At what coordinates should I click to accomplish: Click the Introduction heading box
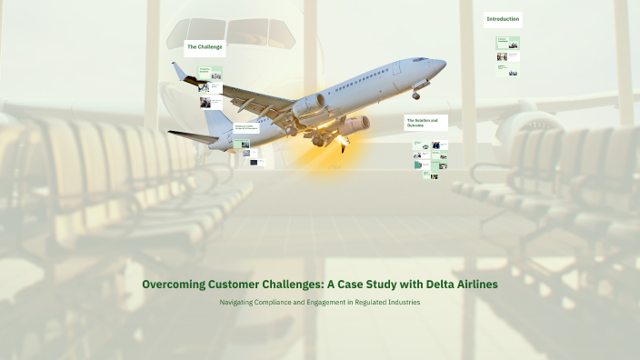click(503, 19)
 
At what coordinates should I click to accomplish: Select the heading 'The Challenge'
click(205, 45)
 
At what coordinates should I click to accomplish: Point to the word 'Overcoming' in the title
click(173, 285)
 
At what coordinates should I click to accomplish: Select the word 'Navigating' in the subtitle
click(240, 302)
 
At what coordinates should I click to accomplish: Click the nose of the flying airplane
click(444, 63)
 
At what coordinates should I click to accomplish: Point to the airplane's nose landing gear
click(415, 94)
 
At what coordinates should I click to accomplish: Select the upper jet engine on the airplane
click(310, 105)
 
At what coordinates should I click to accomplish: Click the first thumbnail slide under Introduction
click(507, 43)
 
